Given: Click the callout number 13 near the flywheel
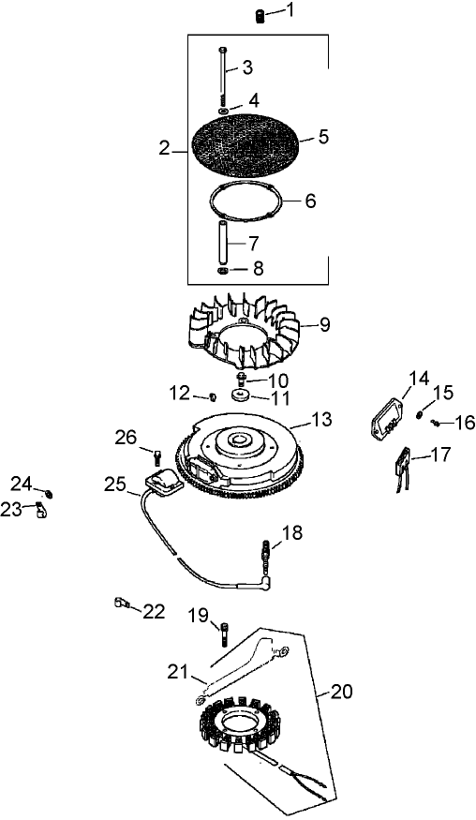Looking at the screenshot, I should pos(321,421).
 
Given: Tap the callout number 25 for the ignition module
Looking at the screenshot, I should pos(114,485).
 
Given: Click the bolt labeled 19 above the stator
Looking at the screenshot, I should pos(225,634).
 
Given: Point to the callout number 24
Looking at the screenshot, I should pos(22,483).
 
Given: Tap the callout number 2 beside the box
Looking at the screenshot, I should pos(165,148).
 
